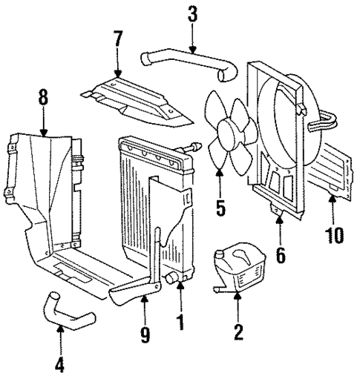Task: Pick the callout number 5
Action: coord(220,206)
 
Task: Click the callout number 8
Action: coord(44,97)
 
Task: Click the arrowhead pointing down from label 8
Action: coord(44,133)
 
